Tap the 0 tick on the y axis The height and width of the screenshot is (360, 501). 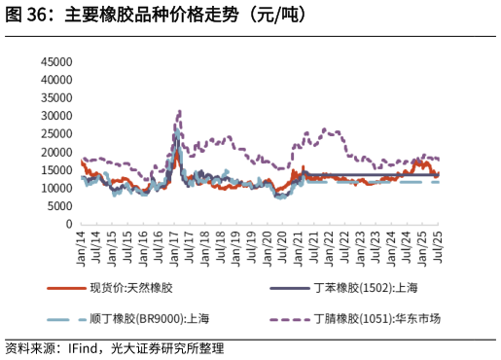tap(69, 224)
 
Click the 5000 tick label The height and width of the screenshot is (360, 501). tap(60, 205)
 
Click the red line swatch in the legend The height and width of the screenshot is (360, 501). tap(65, 288)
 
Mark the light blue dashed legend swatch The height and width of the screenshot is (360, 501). tap(65, 318)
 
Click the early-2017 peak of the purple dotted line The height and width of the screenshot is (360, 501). tap(179, 111)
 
